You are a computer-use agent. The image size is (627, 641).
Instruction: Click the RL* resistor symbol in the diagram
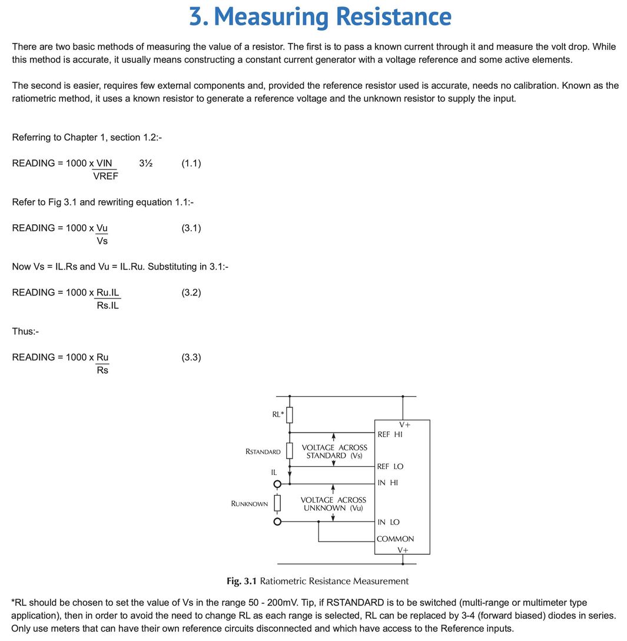289,415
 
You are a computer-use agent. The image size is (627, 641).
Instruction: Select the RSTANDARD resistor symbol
289,451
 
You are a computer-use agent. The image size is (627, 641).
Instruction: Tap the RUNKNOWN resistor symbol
278,503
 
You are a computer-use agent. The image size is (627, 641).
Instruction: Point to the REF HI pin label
390,434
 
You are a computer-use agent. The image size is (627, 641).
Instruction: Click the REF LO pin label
390,466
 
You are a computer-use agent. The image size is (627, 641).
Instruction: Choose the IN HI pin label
387,483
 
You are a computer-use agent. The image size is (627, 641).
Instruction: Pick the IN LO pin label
388,522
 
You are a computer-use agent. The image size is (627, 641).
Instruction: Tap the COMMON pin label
395,539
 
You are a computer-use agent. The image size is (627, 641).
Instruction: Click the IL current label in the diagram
274,472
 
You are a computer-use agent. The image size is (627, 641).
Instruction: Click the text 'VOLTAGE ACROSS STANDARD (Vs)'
334,451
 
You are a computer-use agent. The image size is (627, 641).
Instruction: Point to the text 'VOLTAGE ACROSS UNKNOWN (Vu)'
333,504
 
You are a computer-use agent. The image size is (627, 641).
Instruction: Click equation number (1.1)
191,163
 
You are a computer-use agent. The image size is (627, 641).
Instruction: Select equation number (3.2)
191,293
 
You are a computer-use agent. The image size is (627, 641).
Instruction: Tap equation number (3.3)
191,357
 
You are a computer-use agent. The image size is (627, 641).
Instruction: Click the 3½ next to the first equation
146,163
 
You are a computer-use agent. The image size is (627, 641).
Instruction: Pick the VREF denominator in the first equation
105,176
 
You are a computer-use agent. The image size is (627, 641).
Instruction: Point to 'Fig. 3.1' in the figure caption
241,581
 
